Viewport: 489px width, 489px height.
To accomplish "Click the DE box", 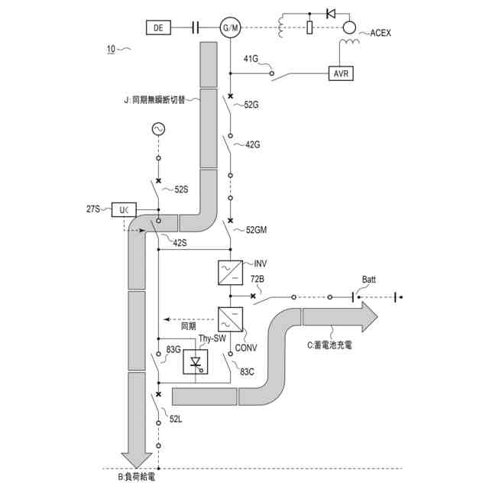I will (158, 28).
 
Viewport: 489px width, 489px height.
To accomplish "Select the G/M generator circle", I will (229, 28).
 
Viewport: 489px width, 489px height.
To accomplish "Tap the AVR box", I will (340, 73).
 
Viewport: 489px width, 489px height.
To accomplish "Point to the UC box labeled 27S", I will (124, 208).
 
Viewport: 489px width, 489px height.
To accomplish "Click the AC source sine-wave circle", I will (158, 130).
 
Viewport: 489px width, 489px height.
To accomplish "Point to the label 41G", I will (251, 59).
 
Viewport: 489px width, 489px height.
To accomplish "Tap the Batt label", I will (369, 280).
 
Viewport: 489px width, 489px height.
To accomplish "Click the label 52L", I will (176, 419).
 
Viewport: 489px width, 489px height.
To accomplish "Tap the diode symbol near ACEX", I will (330, 13).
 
